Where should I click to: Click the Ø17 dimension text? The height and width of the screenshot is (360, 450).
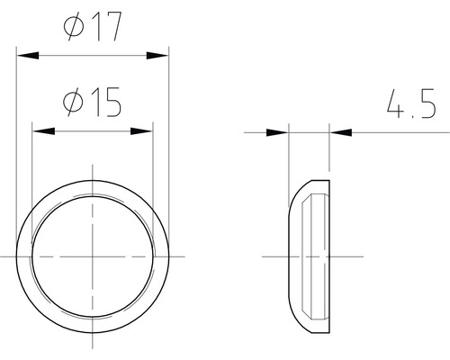coord(93,28)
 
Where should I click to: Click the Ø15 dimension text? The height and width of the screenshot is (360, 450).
coord(93,104)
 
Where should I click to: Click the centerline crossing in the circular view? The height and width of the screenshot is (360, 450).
coord(93,256)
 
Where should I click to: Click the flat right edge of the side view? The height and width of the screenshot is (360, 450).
coord(330,256)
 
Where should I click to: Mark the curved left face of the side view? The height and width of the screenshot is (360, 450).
coord(288,256)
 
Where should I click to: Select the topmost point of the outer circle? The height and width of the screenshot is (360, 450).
coord(93,180)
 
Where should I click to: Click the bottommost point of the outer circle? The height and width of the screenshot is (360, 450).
coord(93,333)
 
